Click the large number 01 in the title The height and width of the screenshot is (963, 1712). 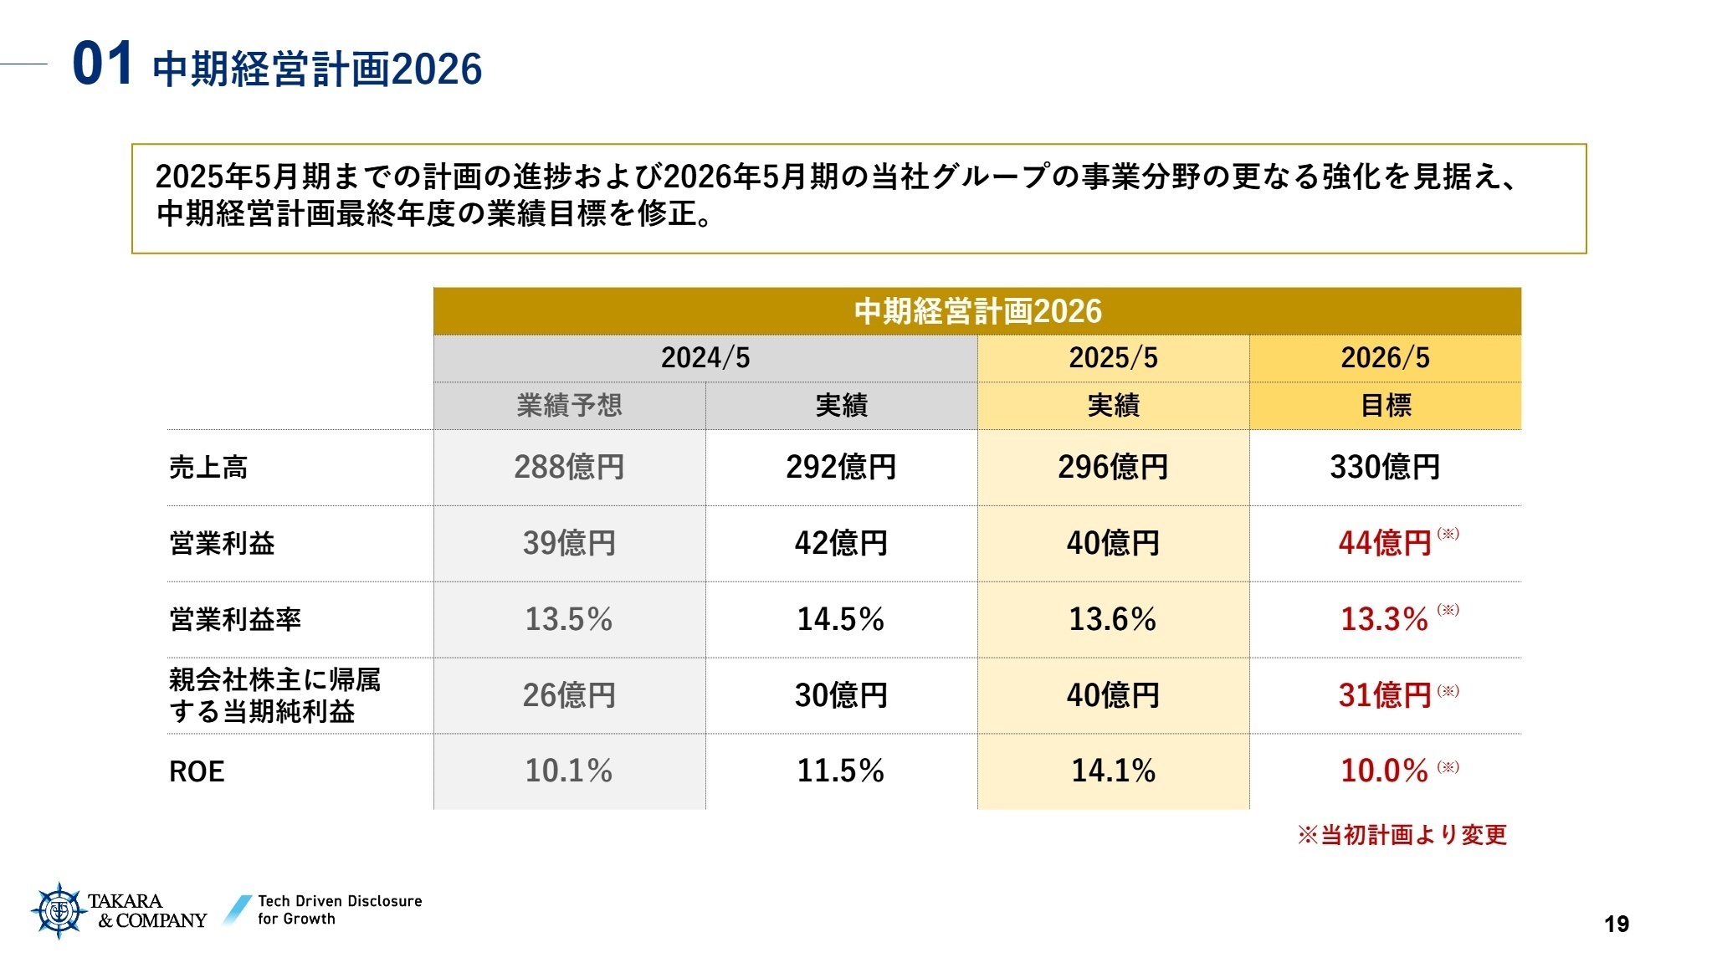102,64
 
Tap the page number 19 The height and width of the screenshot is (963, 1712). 1616,924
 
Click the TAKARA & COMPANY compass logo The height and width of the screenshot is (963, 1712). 59,910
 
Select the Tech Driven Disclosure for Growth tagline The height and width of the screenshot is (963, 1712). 339,909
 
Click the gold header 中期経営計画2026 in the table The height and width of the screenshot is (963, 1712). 976,311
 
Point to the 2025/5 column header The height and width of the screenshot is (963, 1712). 1113,358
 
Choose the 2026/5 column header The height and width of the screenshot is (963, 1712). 1385,358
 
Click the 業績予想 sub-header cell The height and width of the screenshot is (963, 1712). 569,406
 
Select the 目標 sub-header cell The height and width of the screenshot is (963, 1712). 1385,406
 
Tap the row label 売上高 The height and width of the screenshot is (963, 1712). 208,467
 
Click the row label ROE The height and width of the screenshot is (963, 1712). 197,771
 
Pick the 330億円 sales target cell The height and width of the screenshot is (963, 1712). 1385,467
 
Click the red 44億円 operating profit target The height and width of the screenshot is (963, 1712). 1385,543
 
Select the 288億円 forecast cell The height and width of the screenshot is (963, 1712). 569,467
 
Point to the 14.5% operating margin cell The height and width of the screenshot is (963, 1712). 840,619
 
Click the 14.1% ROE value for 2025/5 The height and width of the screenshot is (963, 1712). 1113,771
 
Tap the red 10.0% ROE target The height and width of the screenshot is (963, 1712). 1385,771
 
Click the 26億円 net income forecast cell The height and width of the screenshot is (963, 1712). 569,695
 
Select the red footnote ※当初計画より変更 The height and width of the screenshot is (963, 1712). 1402,834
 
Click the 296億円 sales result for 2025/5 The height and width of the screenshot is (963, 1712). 1113,467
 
